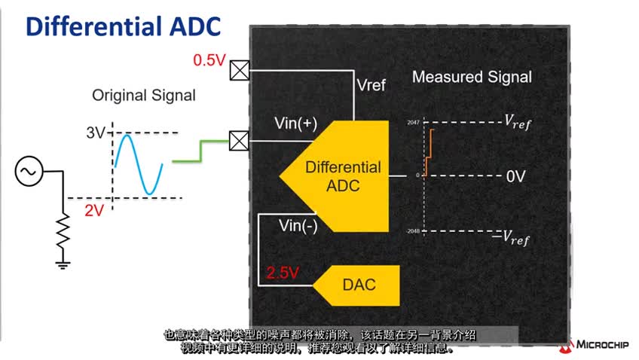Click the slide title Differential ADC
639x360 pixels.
pos(124,27)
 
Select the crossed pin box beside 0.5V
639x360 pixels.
pos(239,70)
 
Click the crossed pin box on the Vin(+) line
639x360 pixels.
pos(239,140)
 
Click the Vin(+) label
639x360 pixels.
pos(297,124)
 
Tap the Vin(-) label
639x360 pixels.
pos(298,225)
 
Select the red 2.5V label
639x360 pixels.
pos(283,273)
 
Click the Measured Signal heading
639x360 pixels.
pos(472,77)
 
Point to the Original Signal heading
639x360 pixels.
pos(143,96)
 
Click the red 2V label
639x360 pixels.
pos(93,210)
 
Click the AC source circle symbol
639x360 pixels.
pos(28,172)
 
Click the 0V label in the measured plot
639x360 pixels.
pos(515,177)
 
